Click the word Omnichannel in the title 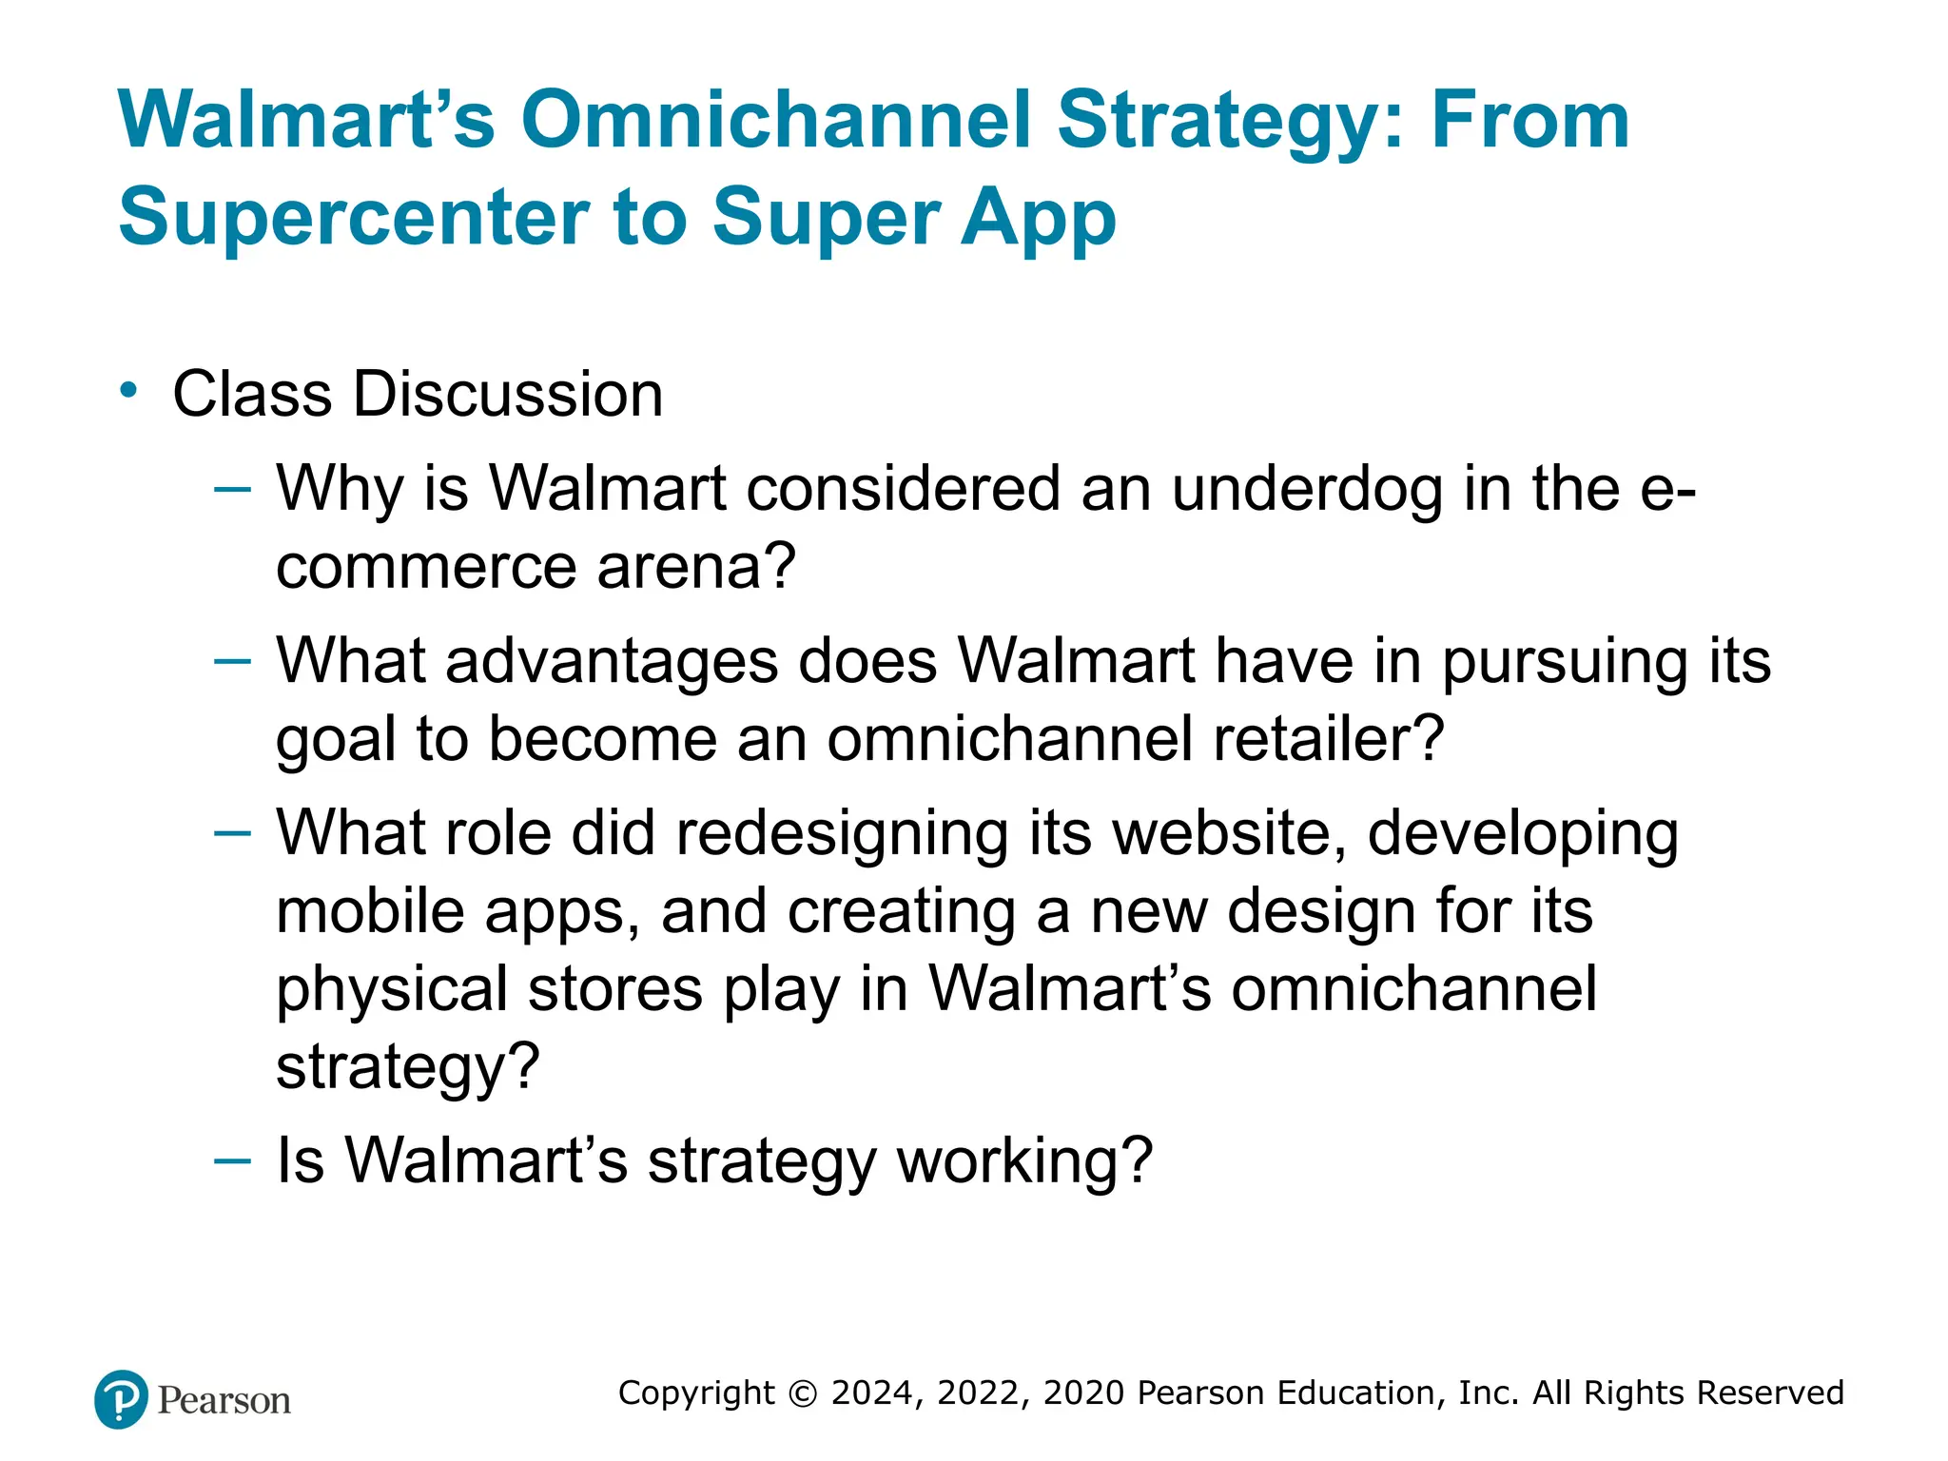point(775,121)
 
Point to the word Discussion point(508,394)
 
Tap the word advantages point(612,662)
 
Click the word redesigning point(841,835)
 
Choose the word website point(1230,834)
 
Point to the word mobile point(371,911)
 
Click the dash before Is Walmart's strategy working point(233,1160)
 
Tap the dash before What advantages point(233,660)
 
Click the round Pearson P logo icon point(122,1399)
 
